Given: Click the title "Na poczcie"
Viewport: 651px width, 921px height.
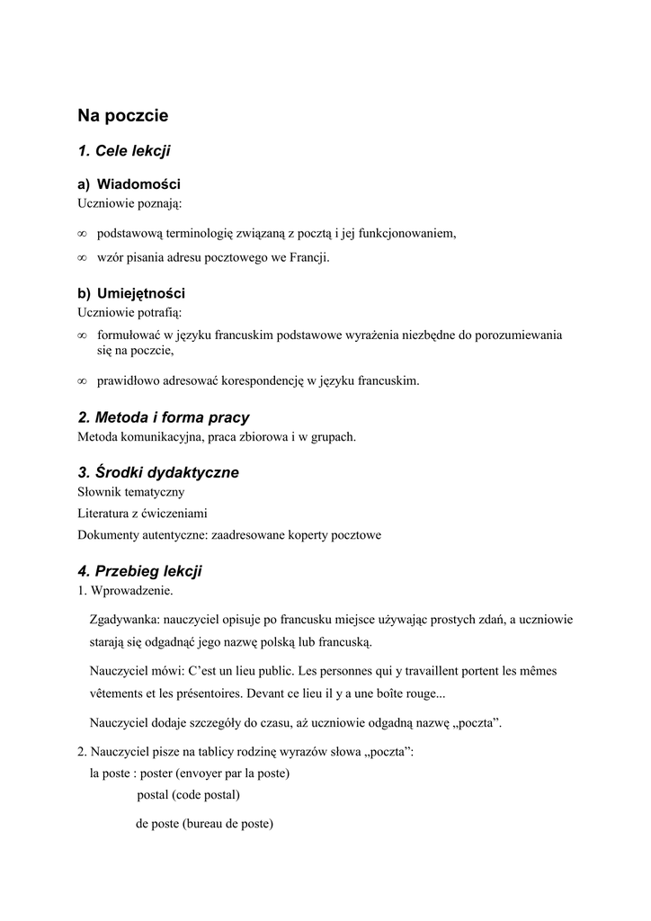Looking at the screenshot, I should tap(122, 115).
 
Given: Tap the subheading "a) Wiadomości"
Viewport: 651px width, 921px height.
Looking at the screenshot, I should tap(129, 184).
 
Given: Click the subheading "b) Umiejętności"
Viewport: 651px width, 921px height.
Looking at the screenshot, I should tap(131, 294).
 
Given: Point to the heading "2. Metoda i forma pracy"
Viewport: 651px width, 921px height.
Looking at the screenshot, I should tap(164, 417).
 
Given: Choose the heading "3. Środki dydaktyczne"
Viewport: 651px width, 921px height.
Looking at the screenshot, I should tap(158, 472).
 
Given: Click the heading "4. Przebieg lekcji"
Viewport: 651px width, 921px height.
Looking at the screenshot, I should tap(140, 571).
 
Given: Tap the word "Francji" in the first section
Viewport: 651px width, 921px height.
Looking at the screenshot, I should tap(310, 258).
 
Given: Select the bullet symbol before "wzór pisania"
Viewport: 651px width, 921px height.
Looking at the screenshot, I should tap(82, 258).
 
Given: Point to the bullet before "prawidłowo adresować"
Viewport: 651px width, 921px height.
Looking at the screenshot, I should tap(82, 381).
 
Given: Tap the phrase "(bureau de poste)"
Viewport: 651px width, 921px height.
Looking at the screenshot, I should tap(228, 824).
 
